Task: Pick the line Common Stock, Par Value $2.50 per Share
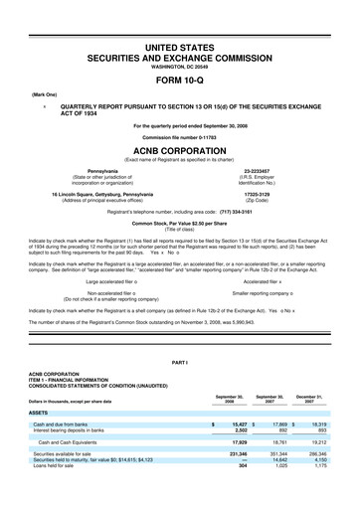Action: click(180, 211)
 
